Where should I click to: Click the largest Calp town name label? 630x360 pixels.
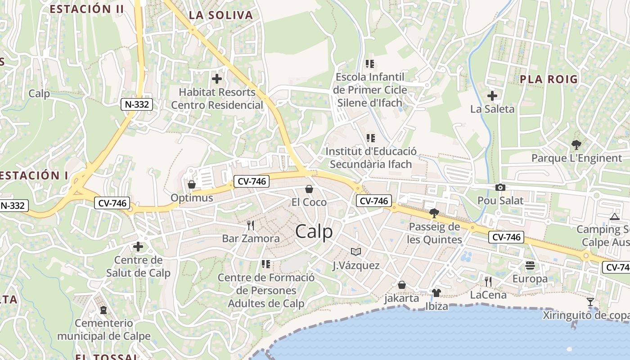coord(314,231)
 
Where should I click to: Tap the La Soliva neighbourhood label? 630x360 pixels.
coord(220,15)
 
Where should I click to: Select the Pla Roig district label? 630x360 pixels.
coord(549,79)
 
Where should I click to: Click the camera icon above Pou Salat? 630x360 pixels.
coord(500,188)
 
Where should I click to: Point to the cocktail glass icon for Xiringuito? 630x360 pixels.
coord(590,301)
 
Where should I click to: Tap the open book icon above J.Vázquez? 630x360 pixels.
coord(356,252)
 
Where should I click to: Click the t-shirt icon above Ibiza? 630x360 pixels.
coord(436,293)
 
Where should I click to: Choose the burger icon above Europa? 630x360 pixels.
coord(530,265)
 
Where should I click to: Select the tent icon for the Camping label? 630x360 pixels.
coord(614,217)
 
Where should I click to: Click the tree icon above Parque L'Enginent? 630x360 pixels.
coord(576,145)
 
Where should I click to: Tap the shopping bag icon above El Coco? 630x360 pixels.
coord(309,189)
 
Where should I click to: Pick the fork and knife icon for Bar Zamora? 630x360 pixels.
coord(251,225)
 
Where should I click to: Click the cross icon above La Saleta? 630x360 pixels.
coord(492,95)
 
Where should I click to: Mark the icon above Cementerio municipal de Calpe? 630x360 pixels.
coord(103,310)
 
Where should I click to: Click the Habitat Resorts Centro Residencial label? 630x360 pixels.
coord(217,99)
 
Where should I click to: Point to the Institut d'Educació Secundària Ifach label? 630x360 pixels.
coord(371,157)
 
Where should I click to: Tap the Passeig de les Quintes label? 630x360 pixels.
coord(434,233)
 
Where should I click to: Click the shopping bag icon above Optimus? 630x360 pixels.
coord(192,184)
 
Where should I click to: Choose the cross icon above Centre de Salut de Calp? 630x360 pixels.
coord(138,246)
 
